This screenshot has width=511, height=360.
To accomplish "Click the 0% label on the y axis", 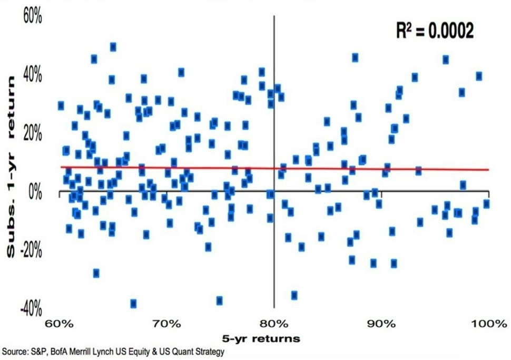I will (x=35, y=192).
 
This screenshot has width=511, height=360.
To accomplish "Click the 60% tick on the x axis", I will (x=58, y=323).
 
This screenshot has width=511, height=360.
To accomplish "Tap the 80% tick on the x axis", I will (x=274, y=323).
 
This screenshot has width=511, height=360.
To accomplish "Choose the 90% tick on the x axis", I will (x=381, y=323).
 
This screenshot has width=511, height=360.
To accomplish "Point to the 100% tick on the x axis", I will (x=488, y=323).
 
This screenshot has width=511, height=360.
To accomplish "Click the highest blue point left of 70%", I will (x=113, y=47).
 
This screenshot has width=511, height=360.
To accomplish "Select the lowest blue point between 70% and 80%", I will (x=219, y=300).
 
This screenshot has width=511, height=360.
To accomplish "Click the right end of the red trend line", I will (x=488, y=170).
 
